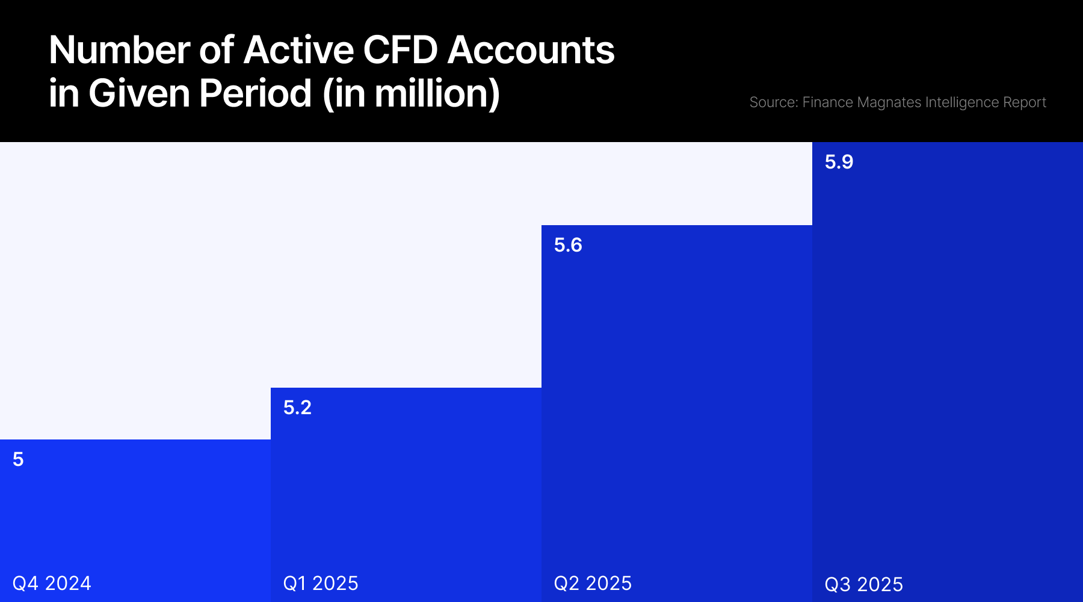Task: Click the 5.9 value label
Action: [x=839, y=162]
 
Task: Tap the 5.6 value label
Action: [x=568, y=245]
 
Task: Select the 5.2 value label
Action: [x=297, y=408]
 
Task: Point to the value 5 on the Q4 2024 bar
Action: [x=18, y=459]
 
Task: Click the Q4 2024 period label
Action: [x=52, y=583]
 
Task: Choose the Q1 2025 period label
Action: [x=321, y=583]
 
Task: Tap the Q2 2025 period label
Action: [x=593, y=583]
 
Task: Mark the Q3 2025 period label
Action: [x=863, y=585]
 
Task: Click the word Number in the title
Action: [x=119, y=50]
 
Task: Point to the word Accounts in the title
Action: [x=531, y=50]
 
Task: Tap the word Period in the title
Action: [x=255, y=94]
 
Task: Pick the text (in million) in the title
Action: [x=411, y=94]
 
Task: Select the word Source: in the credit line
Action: [x=774, y=102]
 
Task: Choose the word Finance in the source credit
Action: [x=827, y=102]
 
